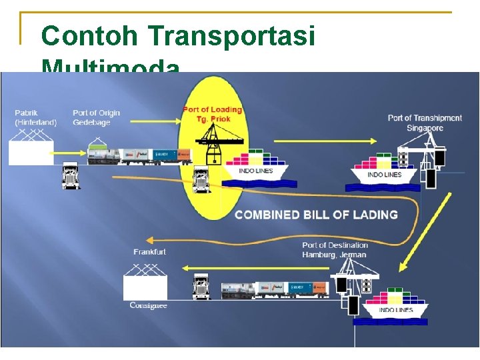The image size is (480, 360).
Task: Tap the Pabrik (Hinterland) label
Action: pyautogui.click(x=35, y=117)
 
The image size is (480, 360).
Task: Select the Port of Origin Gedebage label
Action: pyautogui.click(x=96, y=117)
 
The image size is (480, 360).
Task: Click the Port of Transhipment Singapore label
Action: pyautogui.click(x=424, y=123)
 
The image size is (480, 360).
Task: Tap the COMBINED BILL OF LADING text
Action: pyautogui.click(x=316, y=215)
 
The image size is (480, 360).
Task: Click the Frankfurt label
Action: pyautogui.click(x=149, y=252)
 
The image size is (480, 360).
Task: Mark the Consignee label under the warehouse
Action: pyautogui.click(x=148, y=305)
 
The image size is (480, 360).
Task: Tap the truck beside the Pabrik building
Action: pyautogui.click(x=71, y=176)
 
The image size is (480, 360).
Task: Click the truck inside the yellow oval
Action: pyautogui.click(x=201, y=179)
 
